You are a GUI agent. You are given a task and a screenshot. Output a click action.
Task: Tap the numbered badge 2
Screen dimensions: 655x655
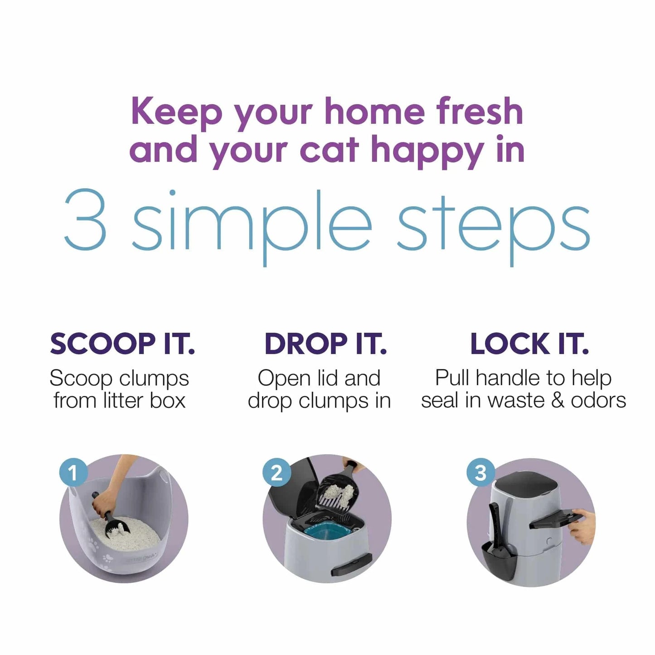click(277, 473)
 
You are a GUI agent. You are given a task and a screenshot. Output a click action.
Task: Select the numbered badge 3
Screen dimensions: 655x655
click(480, 473)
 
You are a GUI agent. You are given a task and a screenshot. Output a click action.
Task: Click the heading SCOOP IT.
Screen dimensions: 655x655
click(122, 344)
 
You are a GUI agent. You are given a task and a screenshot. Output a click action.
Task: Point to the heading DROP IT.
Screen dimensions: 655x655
click(325, 344)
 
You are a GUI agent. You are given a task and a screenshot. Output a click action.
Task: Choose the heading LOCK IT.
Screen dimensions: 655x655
click(529, 344)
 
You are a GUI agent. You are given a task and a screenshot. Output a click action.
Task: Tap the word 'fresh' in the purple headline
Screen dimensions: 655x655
click(480, 112)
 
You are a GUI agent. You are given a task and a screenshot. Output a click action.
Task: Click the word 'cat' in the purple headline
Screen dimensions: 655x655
click(329, 150)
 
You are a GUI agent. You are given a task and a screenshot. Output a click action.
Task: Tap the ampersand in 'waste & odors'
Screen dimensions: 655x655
click(558, 400)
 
